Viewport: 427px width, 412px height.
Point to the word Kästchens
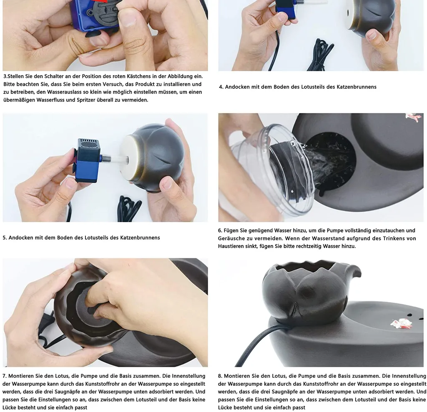[x=143, y=76]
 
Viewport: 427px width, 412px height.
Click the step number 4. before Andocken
[x=221, y=87]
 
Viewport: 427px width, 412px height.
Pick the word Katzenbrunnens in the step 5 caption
[x=140, y=237]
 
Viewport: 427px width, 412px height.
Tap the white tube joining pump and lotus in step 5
[x=114, y=158]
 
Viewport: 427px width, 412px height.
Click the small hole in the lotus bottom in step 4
[x=348, y=12]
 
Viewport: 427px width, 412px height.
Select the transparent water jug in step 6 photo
[x=275, y=169]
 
